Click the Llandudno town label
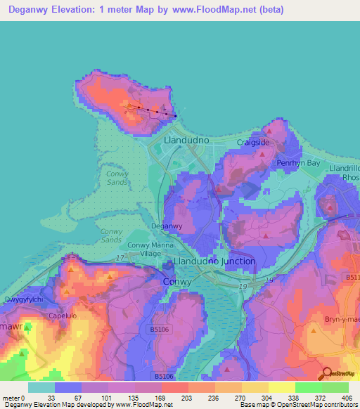pos(186,141)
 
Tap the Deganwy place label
pos(167,226)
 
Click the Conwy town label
pos(176,281)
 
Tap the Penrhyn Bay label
pos(298,163)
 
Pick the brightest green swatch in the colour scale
pos(309,387)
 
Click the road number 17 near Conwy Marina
pos(120,259)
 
